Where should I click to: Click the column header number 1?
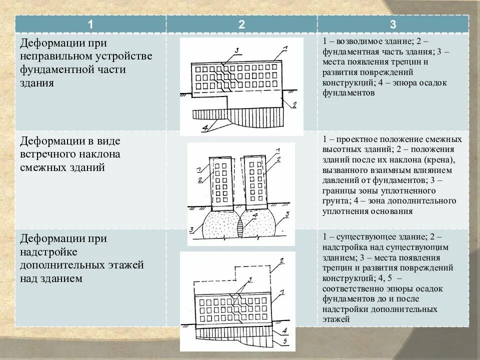pyautogui.click(x=90, y=24)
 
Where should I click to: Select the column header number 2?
pyautogui.click(x=241, y=24)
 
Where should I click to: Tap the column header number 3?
pyautogui.click(x=393, y=24)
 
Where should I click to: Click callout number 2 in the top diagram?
pyautogui.click(x=294, y=104)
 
